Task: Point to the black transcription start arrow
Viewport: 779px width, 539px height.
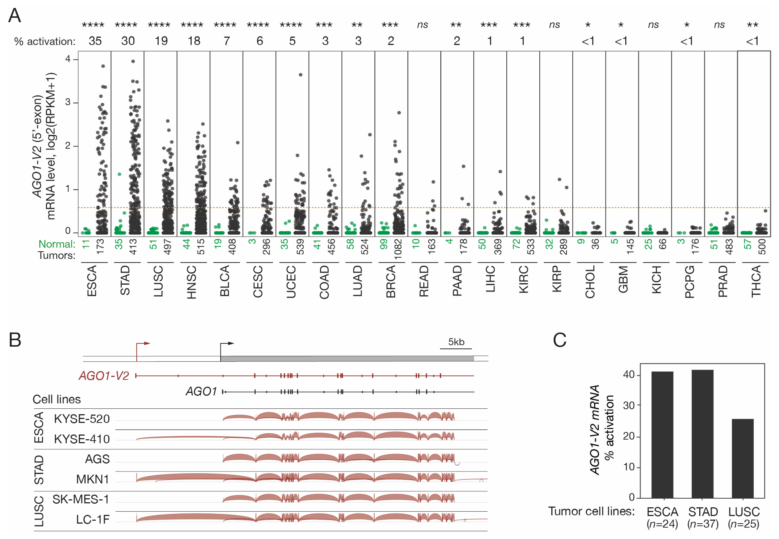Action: coord(227,344)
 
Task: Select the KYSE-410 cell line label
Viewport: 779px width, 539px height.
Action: coord(82,439)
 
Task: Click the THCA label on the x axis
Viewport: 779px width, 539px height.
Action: coord(756,281)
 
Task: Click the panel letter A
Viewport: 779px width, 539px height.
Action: coord(15,15)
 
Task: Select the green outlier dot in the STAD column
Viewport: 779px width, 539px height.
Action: coord(119,174)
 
